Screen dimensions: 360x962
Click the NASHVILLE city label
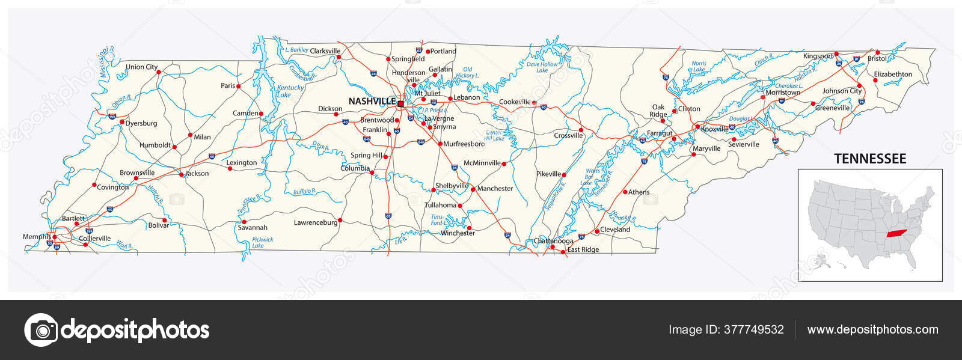point(372,102)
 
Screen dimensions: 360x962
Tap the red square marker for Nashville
point(400,103)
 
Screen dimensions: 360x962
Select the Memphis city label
point(37,237)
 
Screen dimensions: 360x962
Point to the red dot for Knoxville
point(696,127)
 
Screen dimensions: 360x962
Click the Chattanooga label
point(553,241)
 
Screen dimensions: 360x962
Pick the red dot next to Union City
point(159,72)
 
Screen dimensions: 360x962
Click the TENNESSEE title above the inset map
point(869,159)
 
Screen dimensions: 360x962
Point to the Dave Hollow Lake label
point(542,67)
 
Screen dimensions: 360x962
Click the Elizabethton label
point(893,75)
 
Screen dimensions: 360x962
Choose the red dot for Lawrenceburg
point(340,220)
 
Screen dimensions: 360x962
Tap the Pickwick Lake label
point(262,242)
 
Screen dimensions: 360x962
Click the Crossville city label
point(568,136)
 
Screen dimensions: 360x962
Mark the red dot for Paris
point(238,87)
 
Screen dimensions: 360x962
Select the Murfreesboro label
point(464,144)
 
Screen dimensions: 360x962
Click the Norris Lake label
point(699,66)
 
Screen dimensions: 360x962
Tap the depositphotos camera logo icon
point(41,329)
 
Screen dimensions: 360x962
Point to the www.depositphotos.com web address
point(872,329)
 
